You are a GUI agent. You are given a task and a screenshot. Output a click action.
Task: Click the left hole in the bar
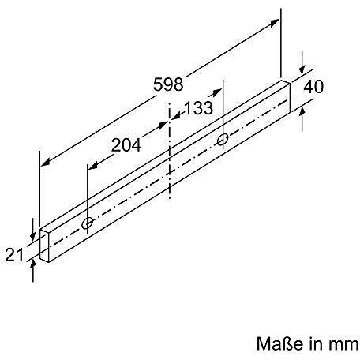[88, 223]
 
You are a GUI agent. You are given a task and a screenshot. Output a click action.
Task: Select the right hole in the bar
[223, 141]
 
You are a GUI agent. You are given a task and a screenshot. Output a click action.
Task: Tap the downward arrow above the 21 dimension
[31, 237]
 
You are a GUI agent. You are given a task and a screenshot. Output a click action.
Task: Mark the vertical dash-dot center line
[170, 158]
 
